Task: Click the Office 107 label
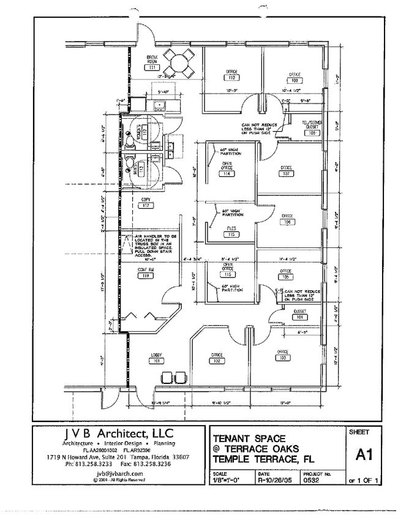pos(285,170)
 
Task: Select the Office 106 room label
pos(287,220)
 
